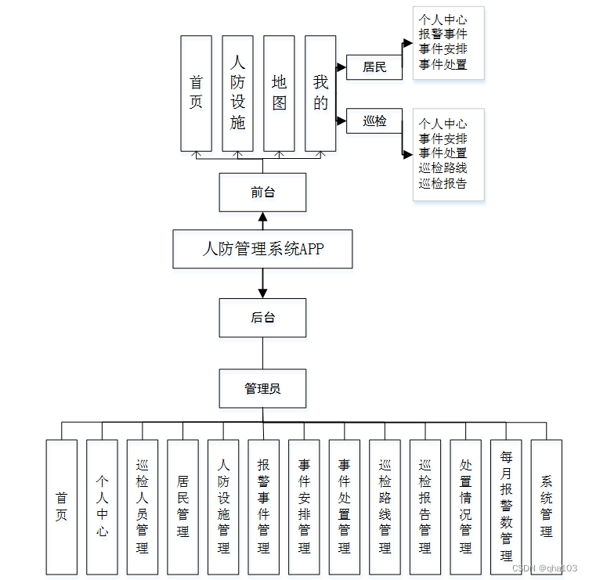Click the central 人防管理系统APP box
click(x=262, y=250)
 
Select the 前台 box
click(x=262, y=193)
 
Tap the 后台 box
click(x=262, y=318)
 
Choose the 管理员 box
click(x=262, y=388)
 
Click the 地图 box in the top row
click(x=280, y=92)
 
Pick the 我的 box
click(x=320, y=92)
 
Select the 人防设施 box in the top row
click(x=237, y=92)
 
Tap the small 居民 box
click(x=374, y=67)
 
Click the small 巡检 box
click(x=374, y=121)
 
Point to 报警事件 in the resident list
click(x=443, y=34)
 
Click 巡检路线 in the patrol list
click(x=443, y=168)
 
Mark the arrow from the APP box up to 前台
click(x=262, y=221)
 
